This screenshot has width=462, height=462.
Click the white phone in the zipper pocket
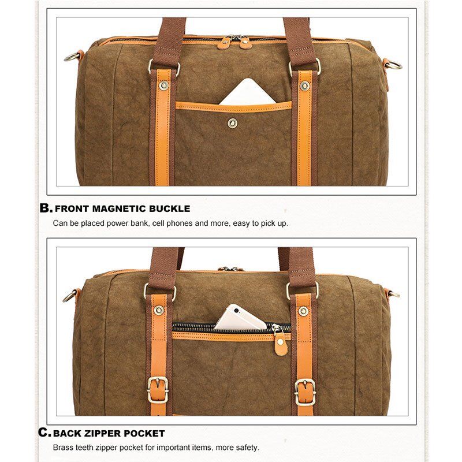(x=240, y=318)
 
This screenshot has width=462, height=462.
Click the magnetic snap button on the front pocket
(x=233, y=123)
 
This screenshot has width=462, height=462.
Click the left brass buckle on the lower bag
(x=158, y=389)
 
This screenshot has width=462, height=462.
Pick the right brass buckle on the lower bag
(x=305, y=392)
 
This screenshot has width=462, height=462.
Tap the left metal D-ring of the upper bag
(x=72, y=57)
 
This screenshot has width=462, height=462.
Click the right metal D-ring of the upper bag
(x=394, y=65)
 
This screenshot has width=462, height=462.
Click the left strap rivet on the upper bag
(x=163, y=85)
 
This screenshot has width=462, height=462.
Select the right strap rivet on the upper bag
(x=305, y=85)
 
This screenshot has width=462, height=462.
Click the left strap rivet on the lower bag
(x=159, y=310)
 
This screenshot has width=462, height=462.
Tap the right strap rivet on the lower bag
(x=303, y=311)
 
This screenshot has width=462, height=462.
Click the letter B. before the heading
(x=46, y=208)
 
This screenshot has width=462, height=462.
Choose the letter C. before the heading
(x=44, y=433)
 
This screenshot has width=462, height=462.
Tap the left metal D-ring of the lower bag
(x=70, y=296)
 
